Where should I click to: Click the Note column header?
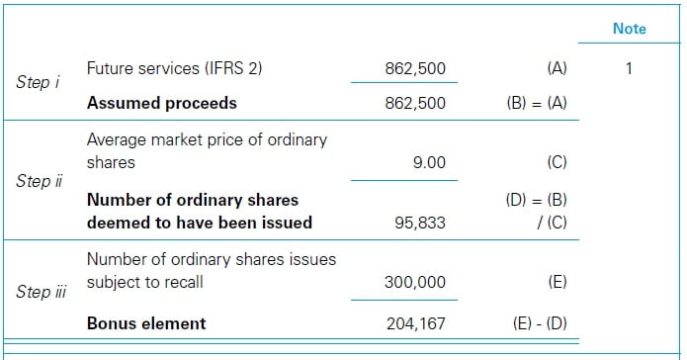click(629, 29)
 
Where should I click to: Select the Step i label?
click(39, 83)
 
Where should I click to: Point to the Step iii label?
click(42, 292)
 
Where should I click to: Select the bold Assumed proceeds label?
click(162, 103)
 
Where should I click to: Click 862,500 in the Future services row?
click(415, 69)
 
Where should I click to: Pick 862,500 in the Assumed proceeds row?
click(415, 103)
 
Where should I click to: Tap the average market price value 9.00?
click(428, 161)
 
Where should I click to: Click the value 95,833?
click(419, 223)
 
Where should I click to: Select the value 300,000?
click(414, 282)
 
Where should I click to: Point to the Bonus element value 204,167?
click(414, 323)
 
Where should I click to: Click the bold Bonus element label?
click(146, 323)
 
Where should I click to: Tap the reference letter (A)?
click(556, 69)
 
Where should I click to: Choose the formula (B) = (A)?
click(536, 103)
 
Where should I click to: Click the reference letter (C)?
click(556, 161)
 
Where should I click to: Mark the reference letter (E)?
click(556, 282)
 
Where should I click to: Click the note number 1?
click(629, 69)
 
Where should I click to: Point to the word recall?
click(181, 282)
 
